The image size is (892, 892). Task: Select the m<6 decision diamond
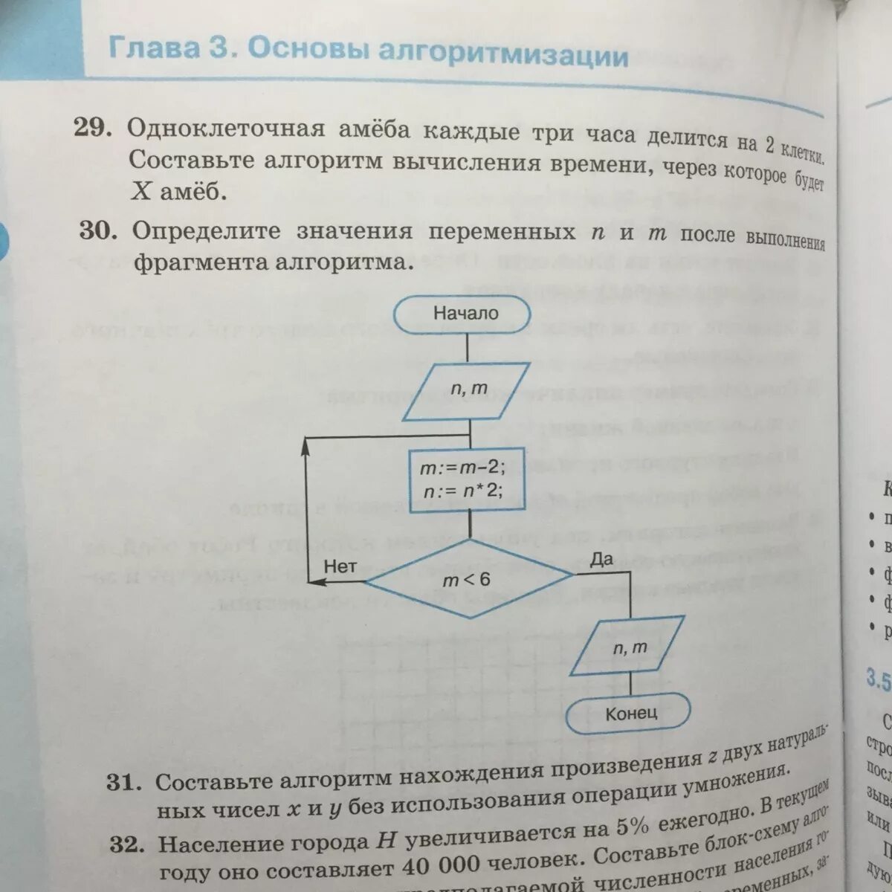(468, 578)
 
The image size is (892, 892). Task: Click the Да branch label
(601, 559)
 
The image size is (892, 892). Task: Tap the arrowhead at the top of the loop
(306, 445)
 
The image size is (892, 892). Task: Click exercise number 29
(92, 129)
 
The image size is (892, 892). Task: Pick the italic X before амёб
(141, 192)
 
